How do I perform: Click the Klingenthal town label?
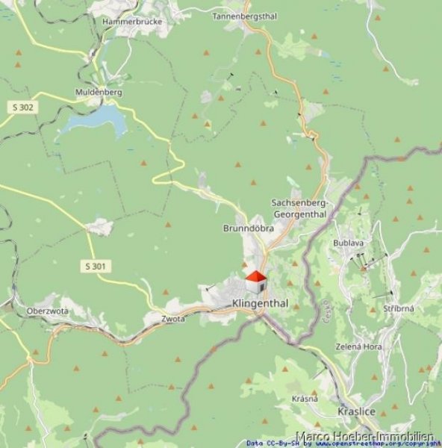tap(260, 303)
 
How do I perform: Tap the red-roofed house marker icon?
tap(255, 284)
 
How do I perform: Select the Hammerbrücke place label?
tap(127, 22)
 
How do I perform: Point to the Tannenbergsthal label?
tap(245, 16)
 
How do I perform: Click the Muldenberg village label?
tap(98, 93)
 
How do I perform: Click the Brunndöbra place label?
tap(248, 228)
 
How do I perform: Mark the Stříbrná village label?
tap(399, 308)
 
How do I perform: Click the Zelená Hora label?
tap(359, 347)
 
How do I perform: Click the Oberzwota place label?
tap(47, 311)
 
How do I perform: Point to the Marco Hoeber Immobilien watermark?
tap(365, 435)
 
